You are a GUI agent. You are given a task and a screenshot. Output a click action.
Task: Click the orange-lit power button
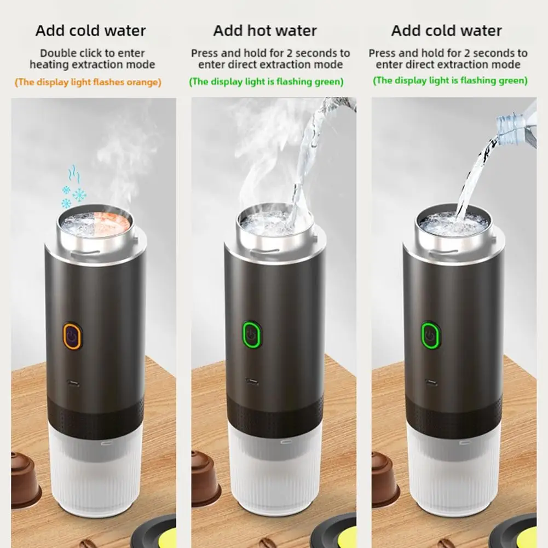[x=72, y=336]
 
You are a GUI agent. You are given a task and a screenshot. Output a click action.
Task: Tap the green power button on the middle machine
[x=251, y=334]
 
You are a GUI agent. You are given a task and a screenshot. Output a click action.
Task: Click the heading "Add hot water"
[x=265, y=31]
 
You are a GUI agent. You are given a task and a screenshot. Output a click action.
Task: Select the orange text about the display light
[x=88, y=82]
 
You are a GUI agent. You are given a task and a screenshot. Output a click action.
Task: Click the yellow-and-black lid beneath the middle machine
[x=334, y=534]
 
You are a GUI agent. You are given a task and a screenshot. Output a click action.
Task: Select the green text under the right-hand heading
[x=450, y=81]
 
